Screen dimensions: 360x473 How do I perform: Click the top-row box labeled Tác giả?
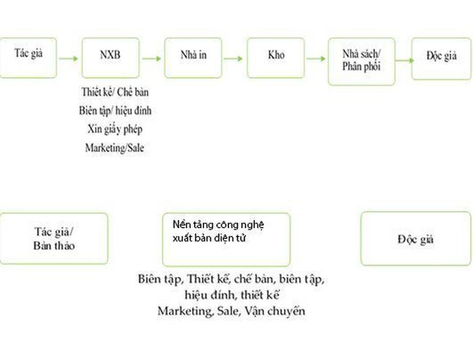(x=28, y=57)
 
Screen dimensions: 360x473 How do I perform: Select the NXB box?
(x=110, y=57)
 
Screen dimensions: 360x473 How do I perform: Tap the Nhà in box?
(x=193, y=57)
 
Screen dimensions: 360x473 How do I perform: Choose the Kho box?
(x=276, y=57)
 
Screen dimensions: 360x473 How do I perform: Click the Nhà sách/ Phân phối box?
(x=361, y=61)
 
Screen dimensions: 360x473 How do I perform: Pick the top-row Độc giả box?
(x=441, y=57)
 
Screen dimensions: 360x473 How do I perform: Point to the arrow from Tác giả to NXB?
(x=69, y=58)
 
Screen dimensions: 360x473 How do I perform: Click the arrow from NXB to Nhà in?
(x=151, y=58)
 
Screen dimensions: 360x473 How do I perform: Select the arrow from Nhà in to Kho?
(x=234, y=58)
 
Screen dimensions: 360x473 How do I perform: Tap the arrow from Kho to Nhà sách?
(x=316, y=58)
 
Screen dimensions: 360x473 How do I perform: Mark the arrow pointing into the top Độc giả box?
(x=404, y=59)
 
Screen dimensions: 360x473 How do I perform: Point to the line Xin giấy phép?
(x=114, y=128)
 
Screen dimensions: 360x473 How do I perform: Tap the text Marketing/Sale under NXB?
(x=114, y=147)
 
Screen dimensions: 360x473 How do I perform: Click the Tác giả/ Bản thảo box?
(x=54, y=238)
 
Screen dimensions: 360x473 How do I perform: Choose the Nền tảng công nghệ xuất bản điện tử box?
(x=226, y=239)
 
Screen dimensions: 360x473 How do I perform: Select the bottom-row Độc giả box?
(x=415, y=238)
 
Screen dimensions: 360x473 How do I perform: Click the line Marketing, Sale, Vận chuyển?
(x=231, y=311)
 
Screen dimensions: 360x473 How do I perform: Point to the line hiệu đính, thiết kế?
(x=231, y=295)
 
